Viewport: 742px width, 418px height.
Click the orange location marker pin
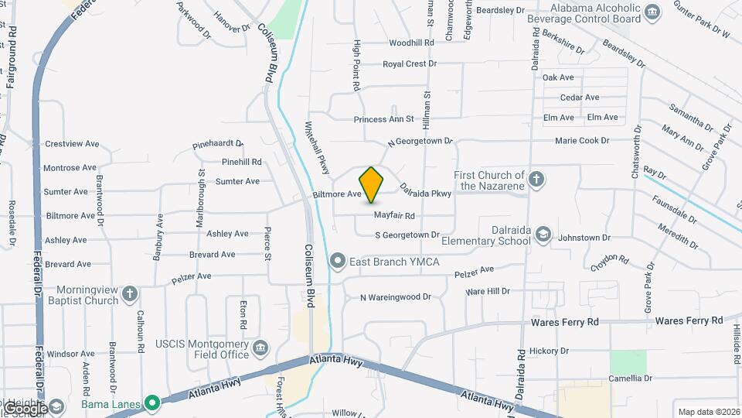coord(371,184)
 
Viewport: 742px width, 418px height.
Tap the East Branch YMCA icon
coord(337,262)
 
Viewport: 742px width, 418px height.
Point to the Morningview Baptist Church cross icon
coord(130,294)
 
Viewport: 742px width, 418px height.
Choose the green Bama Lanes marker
coord(153,403)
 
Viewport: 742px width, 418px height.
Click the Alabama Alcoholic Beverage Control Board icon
coord(653,12)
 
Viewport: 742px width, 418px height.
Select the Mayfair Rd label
coord(394,215)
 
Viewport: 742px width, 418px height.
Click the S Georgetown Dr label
coord(407,235)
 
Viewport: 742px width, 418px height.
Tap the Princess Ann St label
coord(384,119)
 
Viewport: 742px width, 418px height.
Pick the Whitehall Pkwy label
coord(318,147)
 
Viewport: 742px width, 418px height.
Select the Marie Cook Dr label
coord(582,141)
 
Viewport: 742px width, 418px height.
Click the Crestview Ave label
coord(72,144)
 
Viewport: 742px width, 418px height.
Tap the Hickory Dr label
coord(549,351)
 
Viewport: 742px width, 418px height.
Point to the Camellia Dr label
coord(630,379)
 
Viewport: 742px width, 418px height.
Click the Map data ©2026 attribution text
coord(707,412)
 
